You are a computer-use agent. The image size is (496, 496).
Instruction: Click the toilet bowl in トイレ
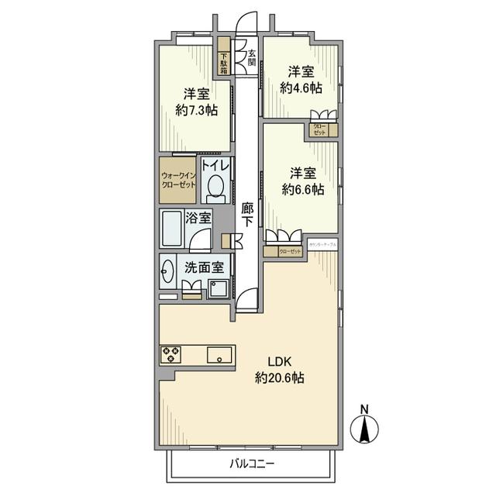[x=217, y=188]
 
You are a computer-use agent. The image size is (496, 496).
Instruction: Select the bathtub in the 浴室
[x=175, y=230]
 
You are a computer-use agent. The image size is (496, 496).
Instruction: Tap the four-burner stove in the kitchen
[x=170, y=356]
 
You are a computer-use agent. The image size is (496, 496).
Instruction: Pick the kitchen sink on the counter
[x=220, y=356]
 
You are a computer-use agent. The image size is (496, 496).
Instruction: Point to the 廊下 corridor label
[x=247, y=214]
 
